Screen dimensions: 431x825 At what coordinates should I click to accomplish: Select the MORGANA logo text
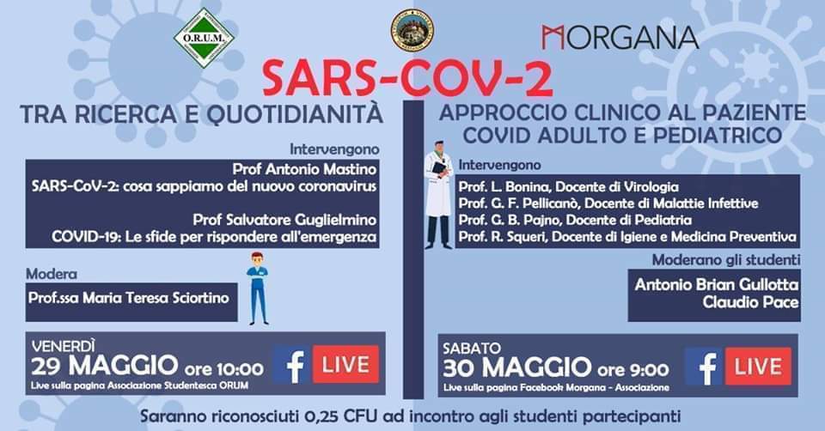pos(620,38)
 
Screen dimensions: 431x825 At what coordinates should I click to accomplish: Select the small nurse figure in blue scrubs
pos(257,287)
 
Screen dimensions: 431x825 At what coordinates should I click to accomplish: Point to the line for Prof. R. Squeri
pos(627,236)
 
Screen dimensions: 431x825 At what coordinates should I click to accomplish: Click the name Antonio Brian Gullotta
pos(717,283)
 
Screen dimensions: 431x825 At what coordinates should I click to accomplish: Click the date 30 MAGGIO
pos(518,368)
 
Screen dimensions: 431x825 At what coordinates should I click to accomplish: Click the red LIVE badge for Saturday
pos(758,366)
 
